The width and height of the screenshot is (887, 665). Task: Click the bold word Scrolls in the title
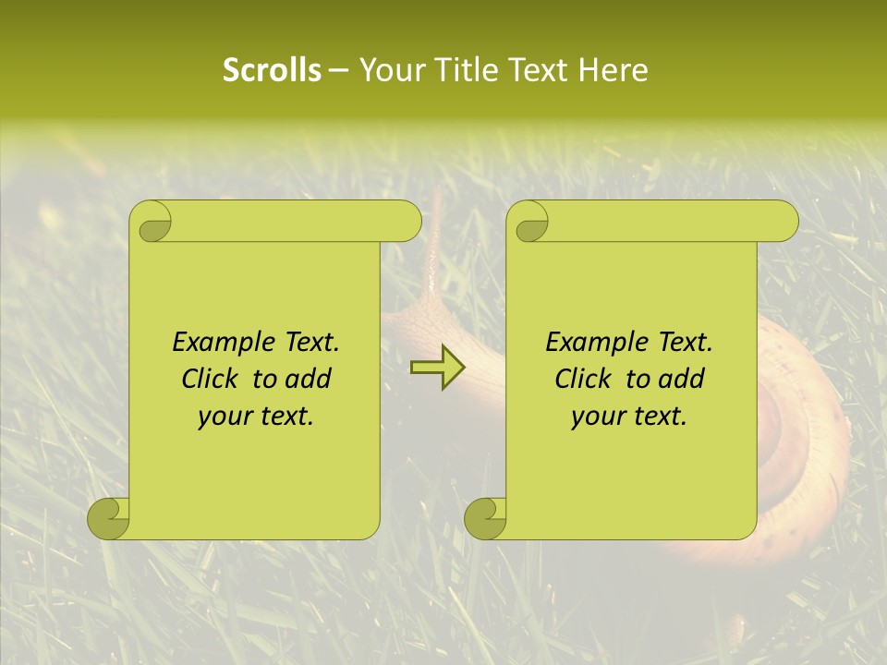272,70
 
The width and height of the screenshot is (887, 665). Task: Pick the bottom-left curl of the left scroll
109,518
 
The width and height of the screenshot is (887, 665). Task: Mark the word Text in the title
538,70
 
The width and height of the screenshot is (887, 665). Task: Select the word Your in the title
388,70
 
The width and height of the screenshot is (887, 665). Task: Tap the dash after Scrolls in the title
338,70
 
